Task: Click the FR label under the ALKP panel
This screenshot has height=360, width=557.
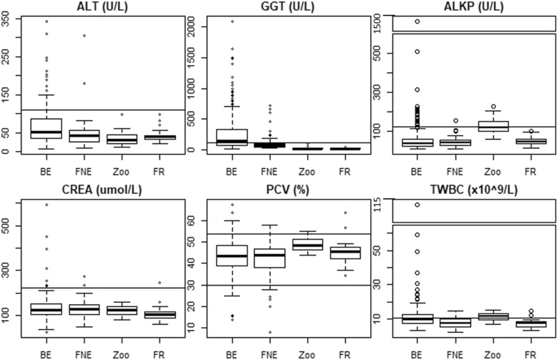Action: (x=530, y=172)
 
